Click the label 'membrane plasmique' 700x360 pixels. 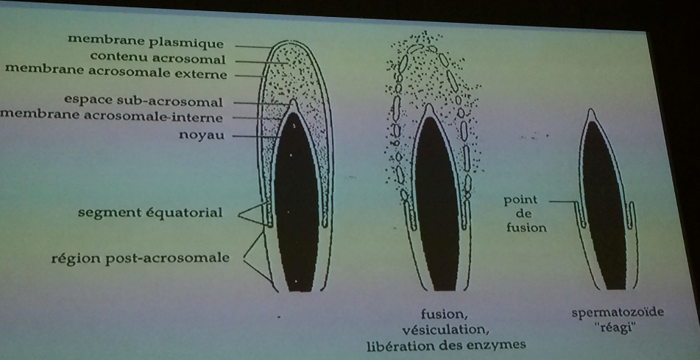pos(146,41)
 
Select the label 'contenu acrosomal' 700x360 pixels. pos(158,58)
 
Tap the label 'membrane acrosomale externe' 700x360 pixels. pos(116,71)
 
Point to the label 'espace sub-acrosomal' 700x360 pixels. pos(144,100)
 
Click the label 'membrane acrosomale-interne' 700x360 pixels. pos(111,116)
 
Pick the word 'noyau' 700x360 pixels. pos(202,135)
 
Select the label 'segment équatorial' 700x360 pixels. pos(150,212)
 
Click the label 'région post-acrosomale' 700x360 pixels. pos(140,258)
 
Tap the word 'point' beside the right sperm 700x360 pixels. pos(520,200)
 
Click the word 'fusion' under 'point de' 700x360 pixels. pos(526,227)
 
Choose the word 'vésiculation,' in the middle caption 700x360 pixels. pos(444,331)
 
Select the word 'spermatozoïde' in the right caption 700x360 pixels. pos(618,312)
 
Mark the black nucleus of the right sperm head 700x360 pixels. pos(605,205)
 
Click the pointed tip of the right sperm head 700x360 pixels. pos(592,110)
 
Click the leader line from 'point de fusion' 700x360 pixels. pos(562,202)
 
